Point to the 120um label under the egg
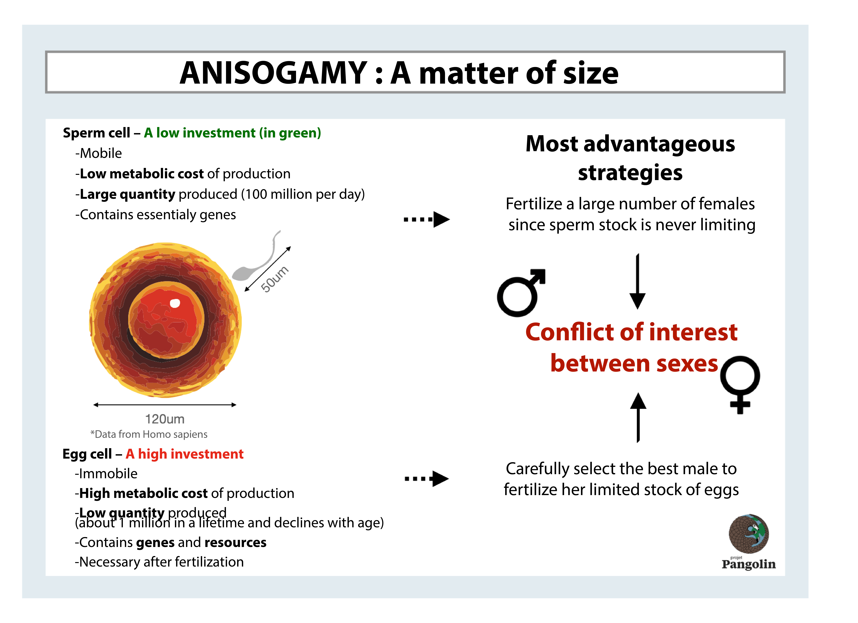coord(165,419)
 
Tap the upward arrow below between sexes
coord(638,417)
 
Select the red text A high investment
coord(185,454)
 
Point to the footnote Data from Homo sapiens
coord(149,434)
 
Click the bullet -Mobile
coord(98,153)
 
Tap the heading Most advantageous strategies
coord(630,158)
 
